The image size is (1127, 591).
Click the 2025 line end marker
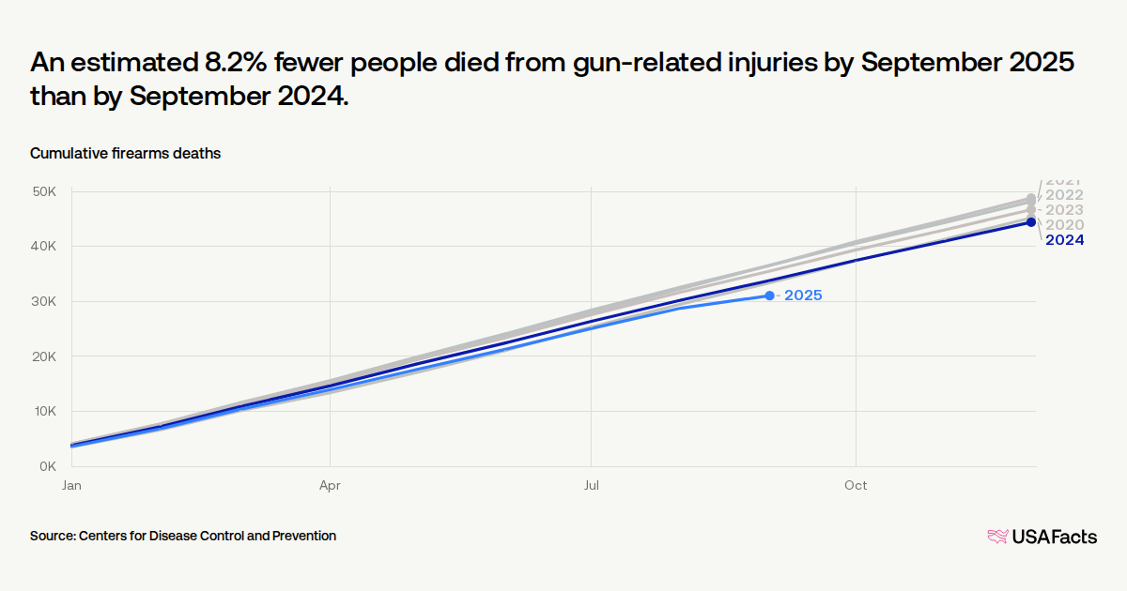769,295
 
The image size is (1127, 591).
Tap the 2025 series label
803,295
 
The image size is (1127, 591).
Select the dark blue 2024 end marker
1030,222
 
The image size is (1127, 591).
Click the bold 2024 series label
1065,240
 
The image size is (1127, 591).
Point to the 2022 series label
1065,195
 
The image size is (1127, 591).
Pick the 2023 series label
1065,210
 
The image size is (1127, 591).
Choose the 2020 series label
1065,225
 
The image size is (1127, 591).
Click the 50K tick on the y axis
46,191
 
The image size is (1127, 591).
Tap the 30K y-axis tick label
46,301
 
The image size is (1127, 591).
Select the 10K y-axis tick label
46,411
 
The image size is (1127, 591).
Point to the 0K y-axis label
49,466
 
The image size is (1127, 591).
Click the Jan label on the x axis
71,486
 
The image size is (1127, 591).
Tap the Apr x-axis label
330,486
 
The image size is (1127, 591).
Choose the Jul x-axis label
592,486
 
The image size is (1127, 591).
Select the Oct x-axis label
856,486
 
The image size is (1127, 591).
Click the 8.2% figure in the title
238,64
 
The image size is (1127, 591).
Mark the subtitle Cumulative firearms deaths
125,154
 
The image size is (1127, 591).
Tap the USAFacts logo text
1054,537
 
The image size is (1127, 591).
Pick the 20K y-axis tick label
46,356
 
